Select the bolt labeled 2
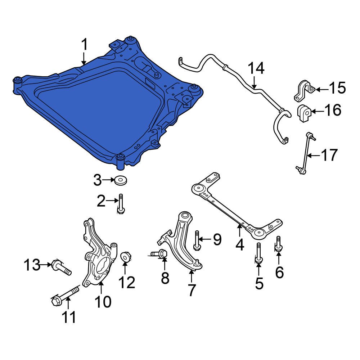pos(121,204)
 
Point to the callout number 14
pos(256,68)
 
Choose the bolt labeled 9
pos(197,240)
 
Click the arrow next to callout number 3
pos(109,180)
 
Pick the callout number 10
pos(103,302)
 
